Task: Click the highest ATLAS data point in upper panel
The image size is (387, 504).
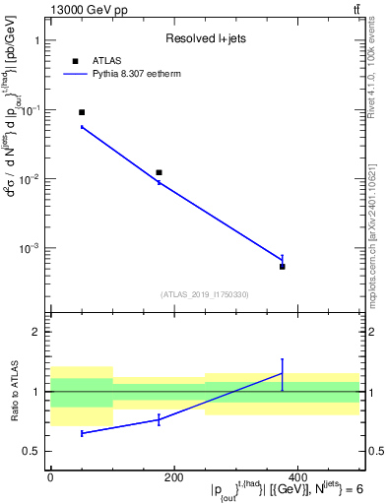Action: click(82, 112)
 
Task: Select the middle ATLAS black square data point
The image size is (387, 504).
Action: click(159, 172)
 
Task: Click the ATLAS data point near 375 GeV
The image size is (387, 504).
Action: click(282, 267)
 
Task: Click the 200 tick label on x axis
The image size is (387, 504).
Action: click(173, 476)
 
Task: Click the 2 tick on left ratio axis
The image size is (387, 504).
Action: click(35, 333)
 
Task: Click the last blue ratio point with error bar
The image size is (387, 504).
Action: click(282, 373)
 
